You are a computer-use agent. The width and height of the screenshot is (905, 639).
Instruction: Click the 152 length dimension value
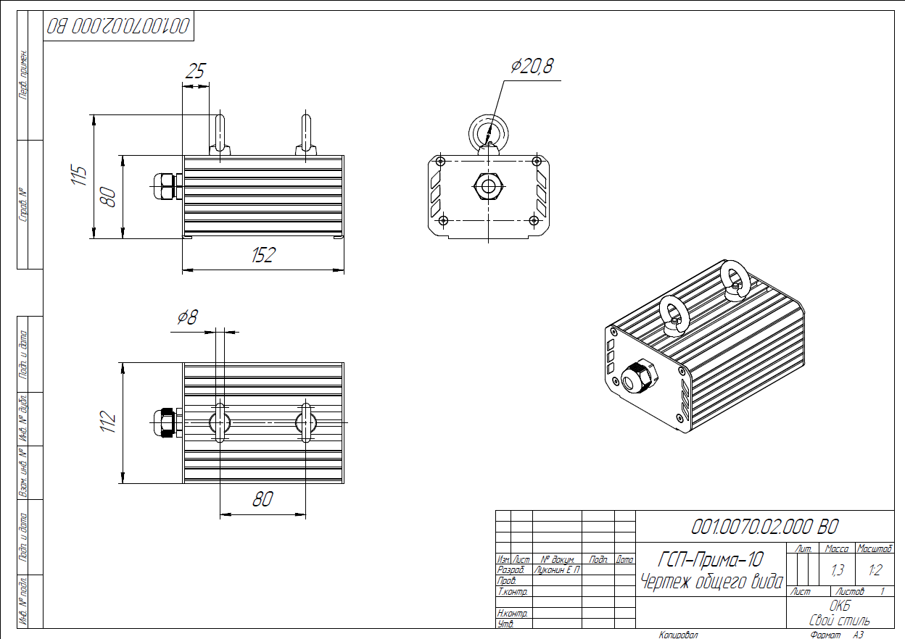pyautogui.click(x=264, y=255)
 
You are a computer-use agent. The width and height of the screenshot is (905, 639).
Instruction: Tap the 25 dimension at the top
pyautogui.click(x=196, y=71)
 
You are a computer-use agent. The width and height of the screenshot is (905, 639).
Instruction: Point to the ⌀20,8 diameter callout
pyautogui.click(x=532, y=67)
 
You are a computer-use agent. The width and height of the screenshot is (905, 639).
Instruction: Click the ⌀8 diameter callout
pyautogui.click(x=187, y=317)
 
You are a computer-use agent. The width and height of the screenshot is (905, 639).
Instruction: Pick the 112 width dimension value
pyautogui.click(x=107, y=422)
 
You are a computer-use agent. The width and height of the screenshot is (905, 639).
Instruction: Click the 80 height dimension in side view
pyautogui.click(x=108, y=196)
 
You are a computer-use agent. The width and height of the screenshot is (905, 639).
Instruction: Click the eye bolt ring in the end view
pyautogui.click(x=489, y=132)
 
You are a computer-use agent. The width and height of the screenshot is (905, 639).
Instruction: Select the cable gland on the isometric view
pyautogui.click(x=638, y=376)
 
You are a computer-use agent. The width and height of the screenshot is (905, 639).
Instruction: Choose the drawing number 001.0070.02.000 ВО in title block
pyautogui.click(x=765, y=527)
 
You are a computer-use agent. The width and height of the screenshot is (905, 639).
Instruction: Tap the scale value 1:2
pyautogui.click(x=875, y=570)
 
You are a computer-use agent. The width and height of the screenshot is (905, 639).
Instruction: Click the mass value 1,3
pyautogui.click(x=838, y=570)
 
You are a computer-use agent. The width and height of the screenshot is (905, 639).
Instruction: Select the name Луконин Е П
pyautogui.click(x=557, y=570)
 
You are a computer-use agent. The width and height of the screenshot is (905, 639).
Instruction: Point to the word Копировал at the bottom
pyautogui.click(x=678, y=635)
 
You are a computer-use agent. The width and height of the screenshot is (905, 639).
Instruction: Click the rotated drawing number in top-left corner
pyautogui.click(x=120, y=26)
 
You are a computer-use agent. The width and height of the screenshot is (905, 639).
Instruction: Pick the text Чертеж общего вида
pyautogui.click(x=712, y=581)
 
